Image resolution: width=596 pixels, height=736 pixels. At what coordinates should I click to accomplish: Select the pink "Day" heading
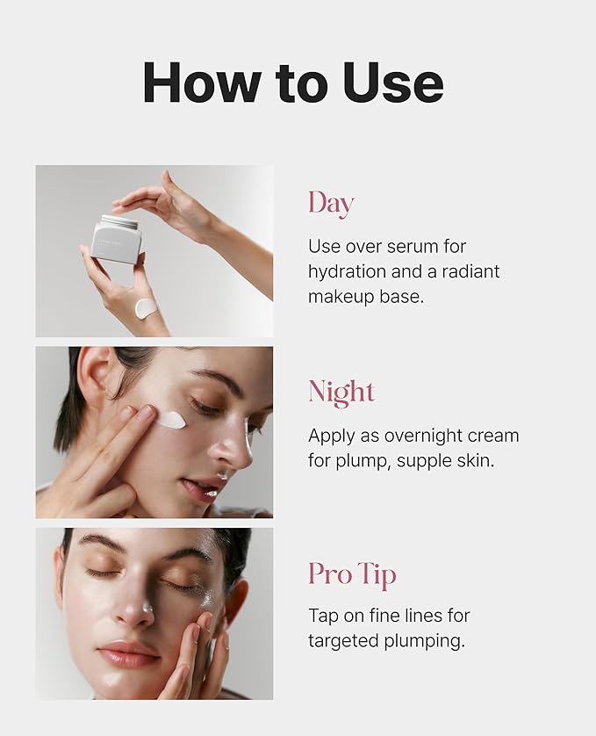[331, 204]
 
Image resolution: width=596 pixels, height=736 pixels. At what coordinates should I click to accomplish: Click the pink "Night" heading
[341, 392]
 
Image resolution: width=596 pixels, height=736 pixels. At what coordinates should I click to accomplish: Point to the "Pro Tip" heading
[352, 574]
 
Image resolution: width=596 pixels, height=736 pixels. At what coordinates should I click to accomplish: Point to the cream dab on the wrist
[147, 309]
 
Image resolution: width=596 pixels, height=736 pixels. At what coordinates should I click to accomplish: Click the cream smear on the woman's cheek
[171, 419]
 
